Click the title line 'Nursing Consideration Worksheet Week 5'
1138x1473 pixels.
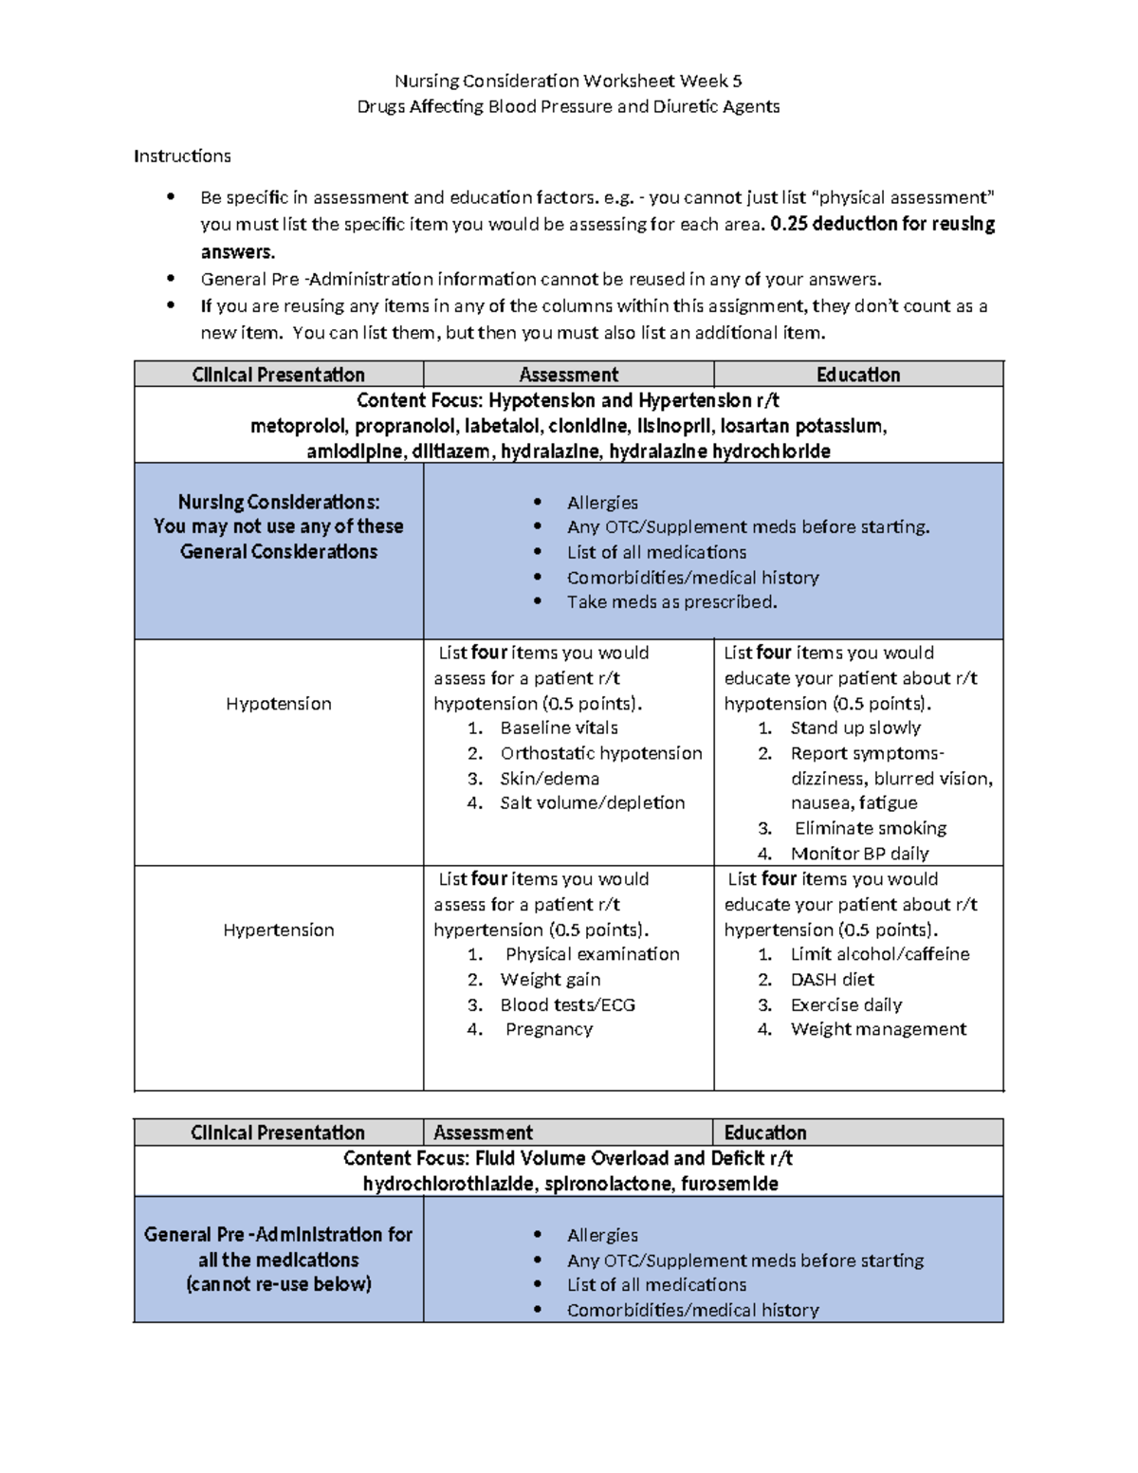568,81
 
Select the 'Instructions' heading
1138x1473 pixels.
182,156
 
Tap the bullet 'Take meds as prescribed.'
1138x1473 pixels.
671,602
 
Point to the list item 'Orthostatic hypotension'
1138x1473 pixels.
601,753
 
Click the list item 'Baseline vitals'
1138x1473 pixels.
559,727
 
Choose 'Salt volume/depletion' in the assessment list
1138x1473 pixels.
592,802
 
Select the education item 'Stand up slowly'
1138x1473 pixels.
855,727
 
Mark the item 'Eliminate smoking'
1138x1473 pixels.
870,828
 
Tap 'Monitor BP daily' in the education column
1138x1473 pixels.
859,854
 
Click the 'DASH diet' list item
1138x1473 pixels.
832,980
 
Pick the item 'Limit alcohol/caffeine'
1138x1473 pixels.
879,954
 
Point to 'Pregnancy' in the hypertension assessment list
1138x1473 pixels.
548,1029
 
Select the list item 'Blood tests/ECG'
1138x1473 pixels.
567,1004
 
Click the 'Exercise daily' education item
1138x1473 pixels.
846,1004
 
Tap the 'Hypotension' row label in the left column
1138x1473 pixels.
279,704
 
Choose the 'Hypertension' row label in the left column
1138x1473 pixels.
279,930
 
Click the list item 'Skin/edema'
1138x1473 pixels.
549,779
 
